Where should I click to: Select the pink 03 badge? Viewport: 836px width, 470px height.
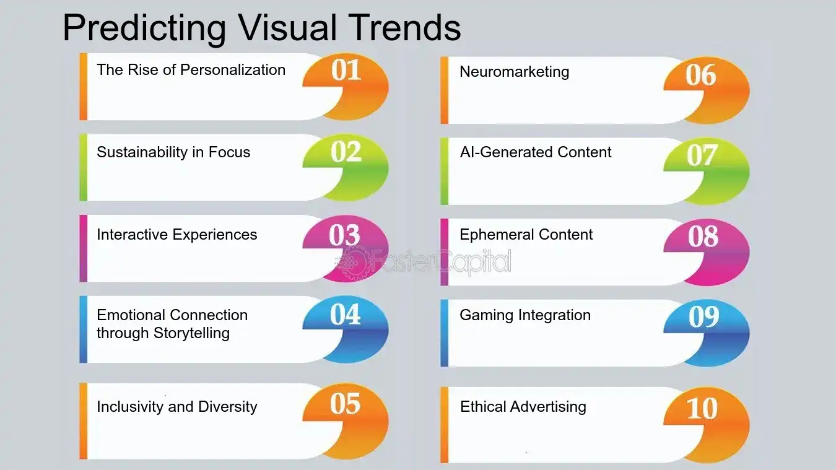tap(344, 236)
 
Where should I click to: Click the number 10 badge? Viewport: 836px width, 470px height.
tap(702, 409)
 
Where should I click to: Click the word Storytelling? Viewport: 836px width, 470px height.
tap(191, 333)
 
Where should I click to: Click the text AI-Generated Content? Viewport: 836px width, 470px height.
tap(536, 152)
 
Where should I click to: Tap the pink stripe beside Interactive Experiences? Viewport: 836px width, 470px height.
tap(83, 248)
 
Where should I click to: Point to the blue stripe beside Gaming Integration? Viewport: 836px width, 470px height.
tap(444, 333)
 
